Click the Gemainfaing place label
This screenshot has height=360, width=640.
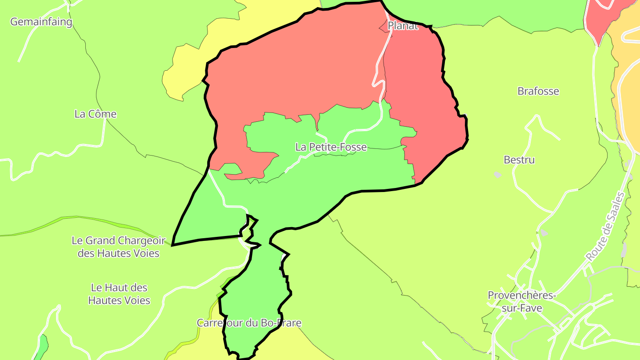click(x=41, y=21)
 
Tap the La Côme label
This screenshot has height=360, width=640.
click(x=96, y=114)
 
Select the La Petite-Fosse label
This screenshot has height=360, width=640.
click(x=331, y=147)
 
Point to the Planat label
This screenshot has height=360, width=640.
click(x=403, y=26)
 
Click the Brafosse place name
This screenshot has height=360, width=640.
click(x=538, y=91)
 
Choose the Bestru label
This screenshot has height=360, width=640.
click(x=519, y=160)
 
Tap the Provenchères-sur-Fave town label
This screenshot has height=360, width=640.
click(x=516, y=301)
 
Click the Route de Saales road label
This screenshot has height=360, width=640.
click(x=605, y=227)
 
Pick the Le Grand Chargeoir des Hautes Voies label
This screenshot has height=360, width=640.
click(x=118, y=247)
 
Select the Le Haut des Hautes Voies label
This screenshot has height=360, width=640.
click(x=119, y=294)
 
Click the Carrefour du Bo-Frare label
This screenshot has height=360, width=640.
click(x=249, y=323)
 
